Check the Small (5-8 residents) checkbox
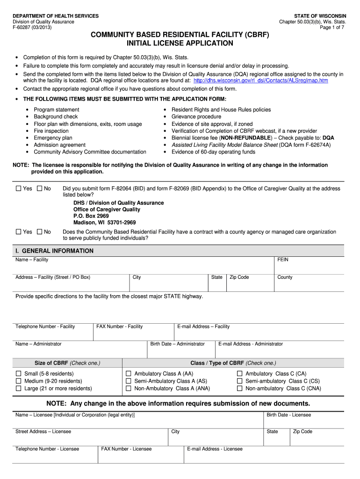point(19,374)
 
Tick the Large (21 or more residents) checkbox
point(19,388)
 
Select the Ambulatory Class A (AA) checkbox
point(129,374)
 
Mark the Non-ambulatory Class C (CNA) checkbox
point(240,388)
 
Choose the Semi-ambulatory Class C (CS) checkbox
point(240,381)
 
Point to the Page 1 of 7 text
point(333,28)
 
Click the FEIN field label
point(283,260)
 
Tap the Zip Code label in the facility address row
point(239,277)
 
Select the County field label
point(285,277)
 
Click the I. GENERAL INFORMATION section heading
point(54,251)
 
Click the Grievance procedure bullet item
point(196,116)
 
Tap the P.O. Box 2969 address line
point(91,216)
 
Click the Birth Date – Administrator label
point(177,344)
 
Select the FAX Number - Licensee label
point(126,449)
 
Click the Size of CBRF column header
point(67,363)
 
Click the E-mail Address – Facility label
point(203,327)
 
